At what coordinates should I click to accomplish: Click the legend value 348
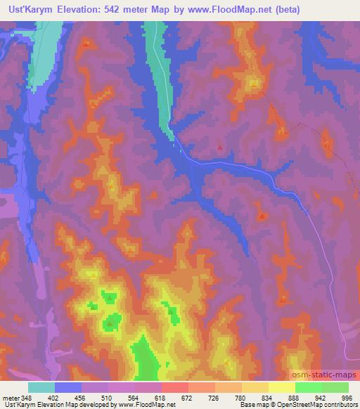pyautogui.click(x=26, y=397)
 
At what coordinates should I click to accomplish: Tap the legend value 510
pyautogui.click(x=106, y=397)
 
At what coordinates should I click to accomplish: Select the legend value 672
pyautogui.click(x=187, y=397)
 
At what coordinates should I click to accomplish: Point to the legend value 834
pyautogui.click(x=267, y=397)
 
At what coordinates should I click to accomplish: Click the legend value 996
pyautogui.click(x=347, y=397)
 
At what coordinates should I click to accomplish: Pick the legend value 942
pyautogui.click(x=321, y=397)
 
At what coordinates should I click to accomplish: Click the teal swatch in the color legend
pyautogui.click(x=41, y=387)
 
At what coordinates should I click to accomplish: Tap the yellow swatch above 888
pyautogui.click(x=281, y=387)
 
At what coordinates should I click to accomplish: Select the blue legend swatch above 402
pyautogui.click(x=68, y=387)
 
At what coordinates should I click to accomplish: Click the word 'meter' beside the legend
pyautogui.click(x=11, y=397)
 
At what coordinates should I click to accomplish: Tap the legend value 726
pyautogui.click(x=214, y=397)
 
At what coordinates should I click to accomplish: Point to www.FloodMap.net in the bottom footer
pyautogui.click(x=146, y=405)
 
